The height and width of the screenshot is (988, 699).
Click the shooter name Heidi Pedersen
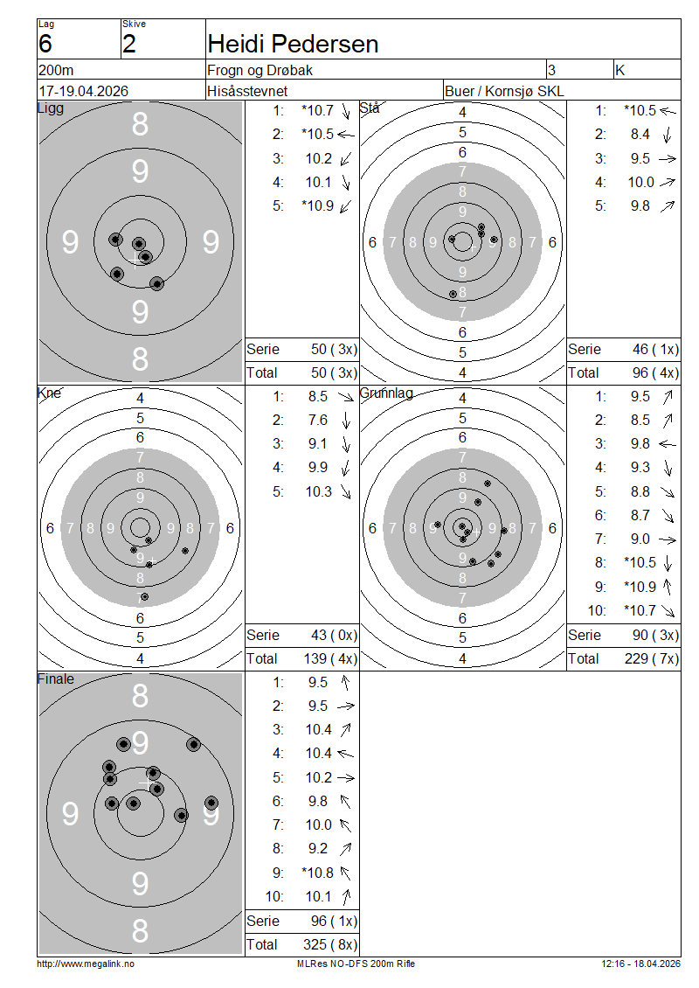[293, 44]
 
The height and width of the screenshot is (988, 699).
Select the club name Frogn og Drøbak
[260, 70]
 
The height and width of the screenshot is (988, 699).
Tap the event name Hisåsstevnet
[247, 91]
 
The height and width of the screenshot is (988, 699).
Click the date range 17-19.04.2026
[83, 91]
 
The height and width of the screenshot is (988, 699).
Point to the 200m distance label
[56, 70]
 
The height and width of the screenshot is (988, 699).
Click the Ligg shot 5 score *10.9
[317, 206]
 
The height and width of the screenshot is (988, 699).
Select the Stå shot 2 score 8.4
[640, 135]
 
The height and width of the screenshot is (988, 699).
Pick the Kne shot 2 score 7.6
[317, 421]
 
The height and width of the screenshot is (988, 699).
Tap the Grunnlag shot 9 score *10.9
[640, 587]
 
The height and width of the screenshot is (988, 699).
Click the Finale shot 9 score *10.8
[317, 873]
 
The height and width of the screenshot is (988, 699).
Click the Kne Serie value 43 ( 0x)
[334, 635]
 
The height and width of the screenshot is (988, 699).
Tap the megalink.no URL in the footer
[86, 964]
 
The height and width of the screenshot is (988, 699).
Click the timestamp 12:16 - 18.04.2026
[640, 964]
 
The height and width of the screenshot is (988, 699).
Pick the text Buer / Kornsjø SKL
[504, 91]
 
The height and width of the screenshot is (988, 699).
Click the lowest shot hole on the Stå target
[453, 295]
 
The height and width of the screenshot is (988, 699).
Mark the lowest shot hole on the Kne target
[144, 596]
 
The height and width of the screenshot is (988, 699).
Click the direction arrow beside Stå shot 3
[668, 159]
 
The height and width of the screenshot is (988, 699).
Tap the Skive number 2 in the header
[129, 44]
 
